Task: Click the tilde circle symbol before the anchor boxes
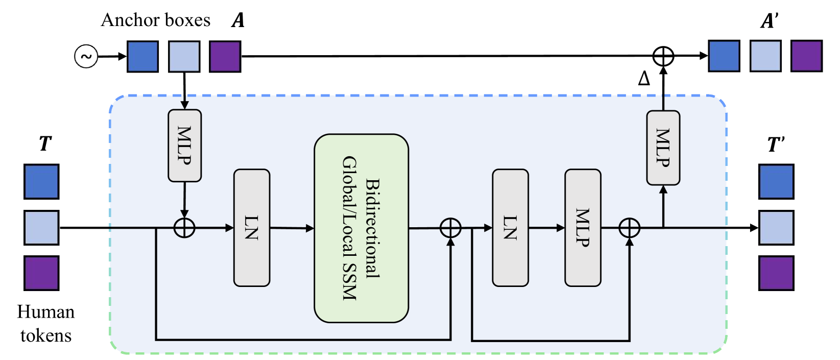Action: (86, 56)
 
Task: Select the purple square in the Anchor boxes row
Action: (225, 56)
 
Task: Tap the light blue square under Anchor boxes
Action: (184, 56)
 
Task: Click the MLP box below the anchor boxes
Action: (184, 146)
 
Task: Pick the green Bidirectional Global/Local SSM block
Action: (361, 228)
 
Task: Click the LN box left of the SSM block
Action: (251, 228)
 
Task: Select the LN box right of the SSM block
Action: (510, 228)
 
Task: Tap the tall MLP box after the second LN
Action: (583, 228)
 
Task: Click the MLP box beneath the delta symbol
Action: (663, 148)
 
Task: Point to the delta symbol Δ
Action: (644, 79)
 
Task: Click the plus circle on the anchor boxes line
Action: (663, 56)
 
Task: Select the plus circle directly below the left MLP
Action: (184, 228)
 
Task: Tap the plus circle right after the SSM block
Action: (450, 228)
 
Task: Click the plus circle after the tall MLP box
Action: (629, 228)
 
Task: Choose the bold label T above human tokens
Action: (45, 143)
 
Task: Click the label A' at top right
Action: (769, 21)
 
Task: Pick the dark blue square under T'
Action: (776, 182)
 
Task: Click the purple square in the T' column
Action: (776, 273)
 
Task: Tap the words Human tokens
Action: (45, 323)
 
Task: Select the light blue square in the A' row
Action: (765, 56)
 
